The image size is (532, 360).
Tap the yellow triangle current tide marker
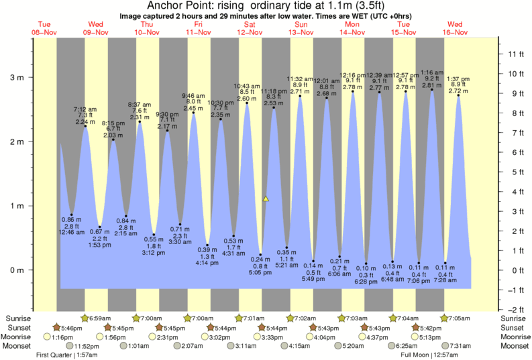click(266, 199)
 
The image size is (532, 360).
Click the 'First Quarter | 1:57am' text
click(68, 355)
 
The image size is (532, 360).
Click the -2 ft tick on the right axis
click(515, 310)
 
